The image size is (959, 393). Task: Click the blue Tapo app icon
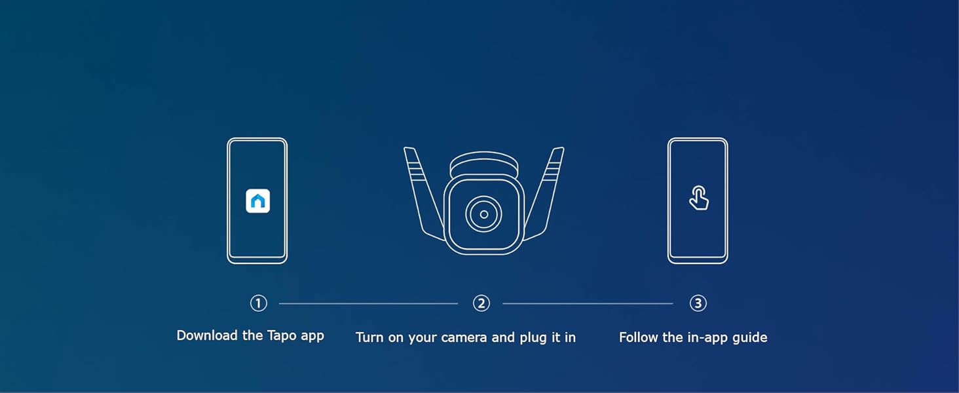257,201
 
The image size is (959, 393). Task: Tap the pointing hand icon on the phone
699,198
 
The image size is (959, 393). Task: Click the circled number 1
259,303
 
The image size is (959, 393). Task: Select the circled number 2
481,303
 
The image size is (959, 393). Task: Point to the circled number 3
698,303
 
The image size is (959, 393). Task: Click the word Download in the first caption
207,335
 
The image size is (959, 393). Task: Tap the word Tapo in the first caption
282,335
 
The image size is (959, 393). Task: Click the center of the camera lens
484,214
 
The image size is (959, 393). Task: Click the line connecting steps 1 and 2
368,303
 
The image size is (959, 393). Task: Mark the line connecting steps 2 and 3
588,303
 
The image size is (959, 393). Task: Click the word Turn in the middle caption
370,338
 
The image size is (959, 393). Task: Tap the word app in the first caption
312,337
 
